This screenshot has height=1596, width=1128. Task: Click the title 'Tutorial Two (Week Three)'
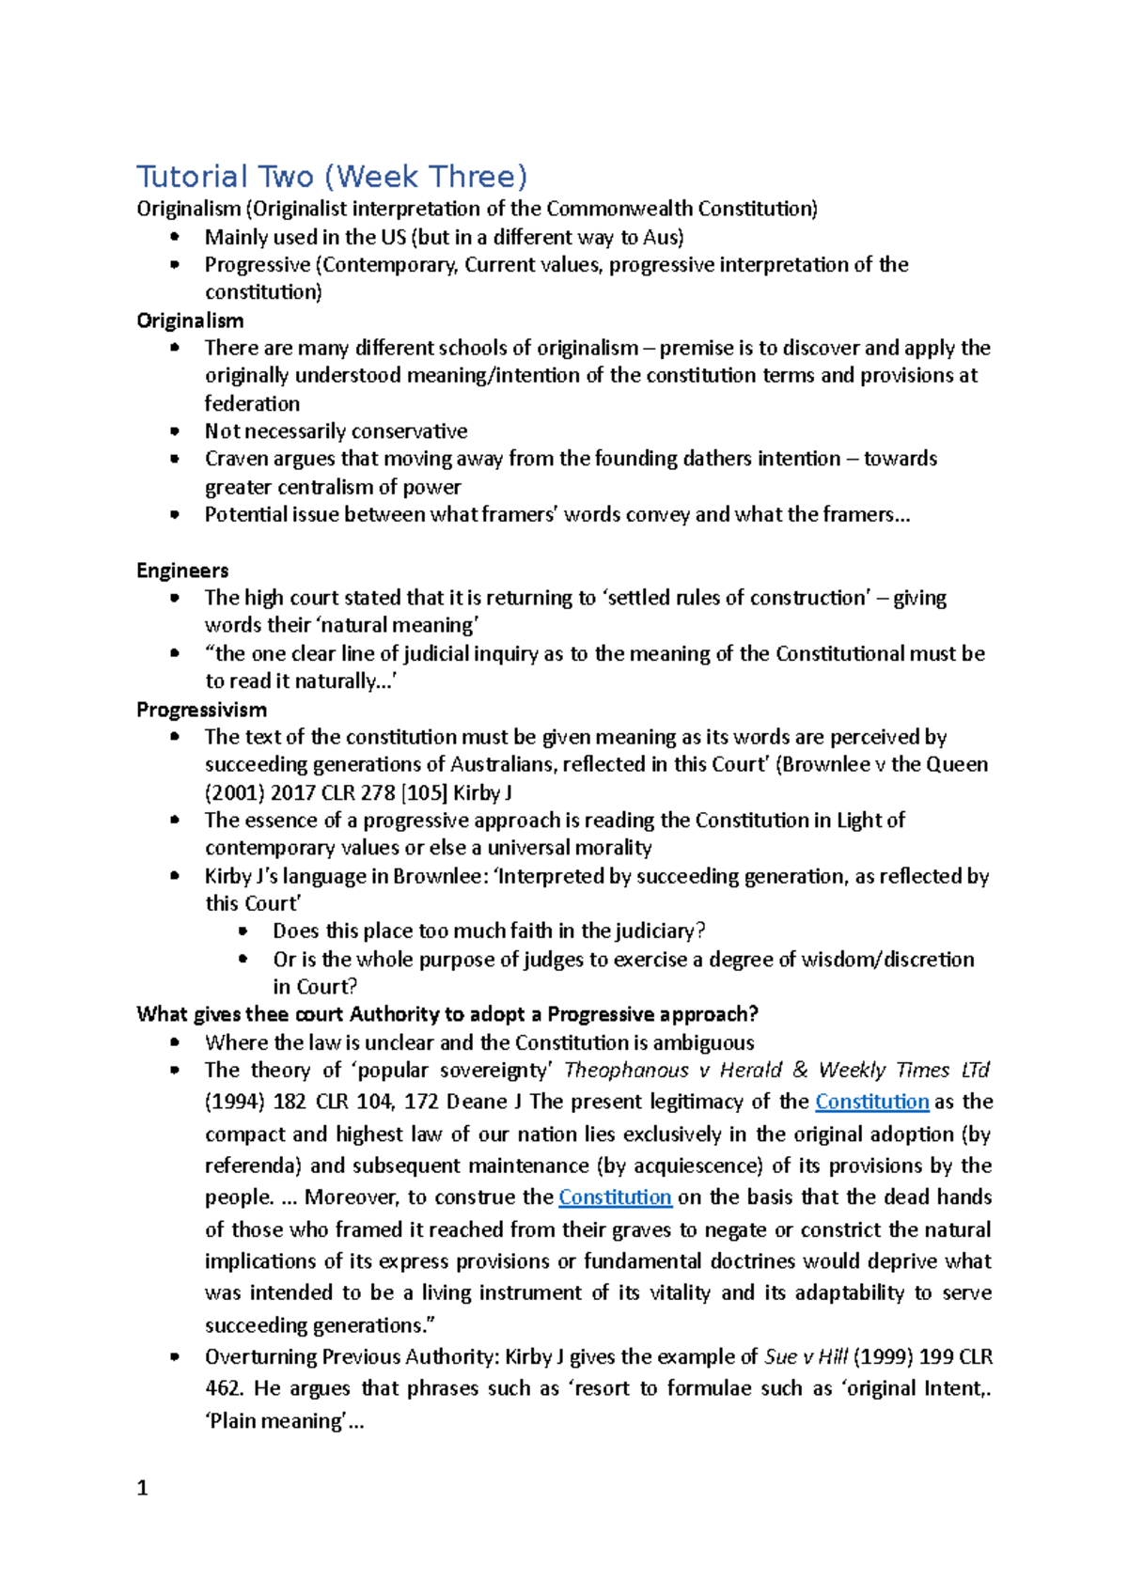click(332, 177)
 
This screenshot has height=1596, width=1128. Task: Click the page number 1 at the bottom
click(142, 1488)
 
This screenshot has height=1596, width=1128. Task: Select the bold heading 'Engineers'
click(182, 571)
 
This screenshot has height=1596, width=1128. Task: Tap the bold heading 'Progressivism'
click(201, 710)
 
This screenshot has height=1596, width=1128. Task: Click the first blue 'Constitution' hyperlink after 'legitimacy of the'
click(871, 1102)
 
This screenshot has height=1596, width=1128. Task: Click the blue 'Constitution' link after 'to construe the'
click(615, 1197)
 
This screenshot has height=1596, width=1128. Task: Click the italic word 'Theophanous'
click(626, 1071)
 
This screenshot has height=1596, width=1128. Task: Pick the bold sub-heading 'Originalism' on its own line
click(190, 321)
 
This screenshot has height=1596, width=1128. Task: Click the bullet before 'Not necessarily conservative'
click(174, 431)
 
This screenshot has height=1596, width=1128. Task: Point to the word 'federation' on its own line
click(252, 404)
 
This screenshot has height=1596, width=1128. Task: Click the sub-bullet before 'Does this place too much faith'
click(243, 931)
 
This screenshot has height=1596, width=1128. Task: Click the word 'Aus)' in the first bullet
click(663, 238)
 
